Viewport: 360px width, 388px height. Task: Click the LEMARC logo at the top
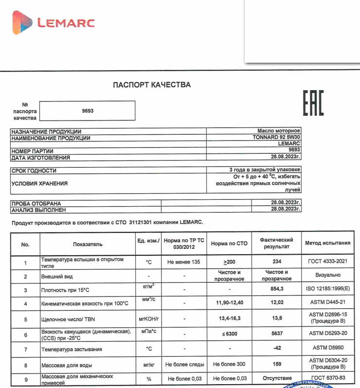54,23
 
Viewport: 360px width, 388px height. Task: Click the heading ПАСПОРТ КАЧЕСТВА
152,85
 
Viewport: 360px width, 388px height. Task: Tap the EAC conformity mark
313,103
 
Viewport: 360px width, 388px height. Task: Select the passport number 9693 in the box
88,110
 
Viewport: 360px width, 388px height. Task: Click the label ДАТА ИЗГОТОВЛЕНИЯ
41,158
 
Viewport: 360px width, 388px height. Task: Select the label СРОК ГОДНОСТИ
34,171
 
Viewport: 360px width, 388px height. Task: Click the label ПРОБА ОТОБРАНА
36,203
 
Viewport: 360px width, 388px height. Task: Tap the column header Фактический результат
276,243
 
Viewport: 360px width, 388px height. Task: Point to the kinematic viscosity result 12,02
276,303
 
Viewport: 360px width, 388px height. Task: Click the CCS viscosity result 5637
276,335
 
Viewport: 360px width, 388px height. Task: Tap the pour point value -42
276,349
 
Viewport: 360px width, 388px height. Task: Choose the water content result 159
276,364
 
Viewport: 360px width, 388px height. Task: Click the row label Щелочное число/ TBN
68,319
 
